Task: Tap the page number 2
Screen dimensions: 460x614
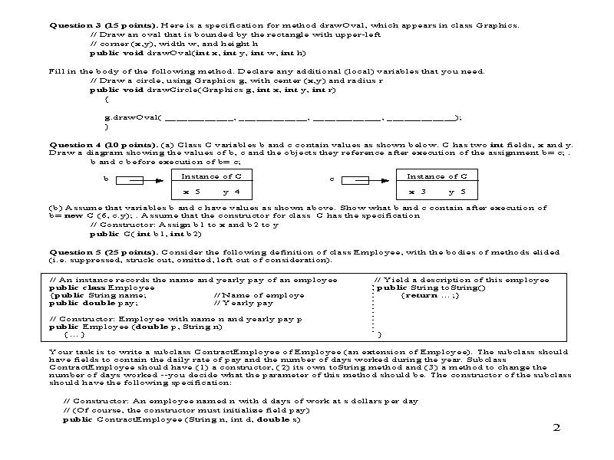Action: pyautogui.click(x=556, y=428)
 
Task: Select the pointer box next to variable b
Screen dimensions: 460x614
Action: pyautogui.click(x=132, y=181)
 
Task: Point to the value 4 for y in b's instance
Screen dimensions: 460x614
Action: pyautogui.click(x=237, y=191)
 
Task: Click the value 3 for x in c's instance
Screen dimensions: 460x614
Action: pyautogui.click(x=423, y=191)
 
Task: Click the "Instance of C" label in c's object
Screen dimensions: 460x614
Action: pyautogui.click(x=437, y=176)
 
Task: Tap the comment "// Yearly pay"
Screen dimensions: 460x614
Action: pyautogui.click(x=243, y=303)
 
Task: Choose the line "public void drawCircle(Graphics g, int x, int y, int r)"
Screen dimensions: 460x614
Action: pyautogui.click(x=213, y=90)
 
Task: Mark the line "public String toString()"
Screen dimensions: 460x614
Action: pyautogui.click(x=426, y=287)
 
